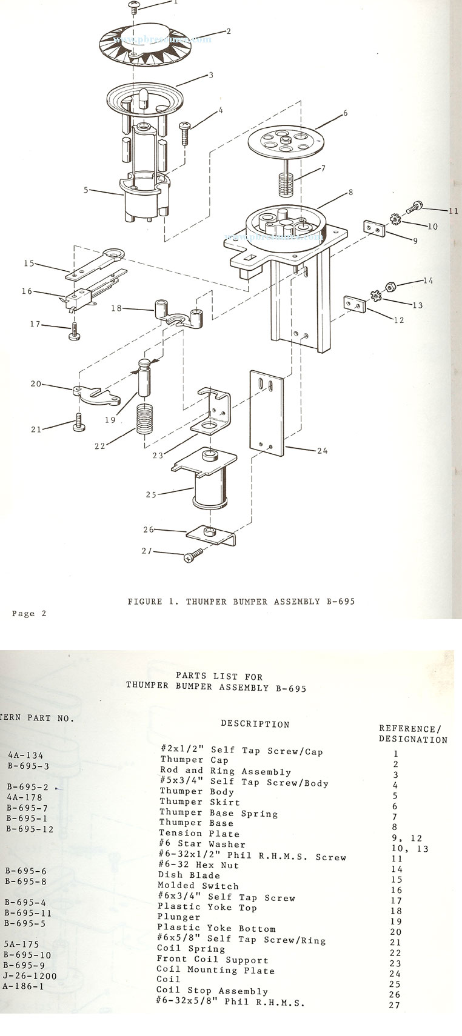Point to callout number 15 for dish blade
point(29,264)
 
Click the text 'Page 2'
point(29,614)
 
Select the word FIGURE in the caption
point(144,602)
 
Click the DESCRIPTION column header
point(255,723)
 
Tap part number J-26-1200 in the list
point(29,976)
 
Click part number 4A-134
point(25,755)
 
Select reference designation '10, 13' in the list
point(409,849)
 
